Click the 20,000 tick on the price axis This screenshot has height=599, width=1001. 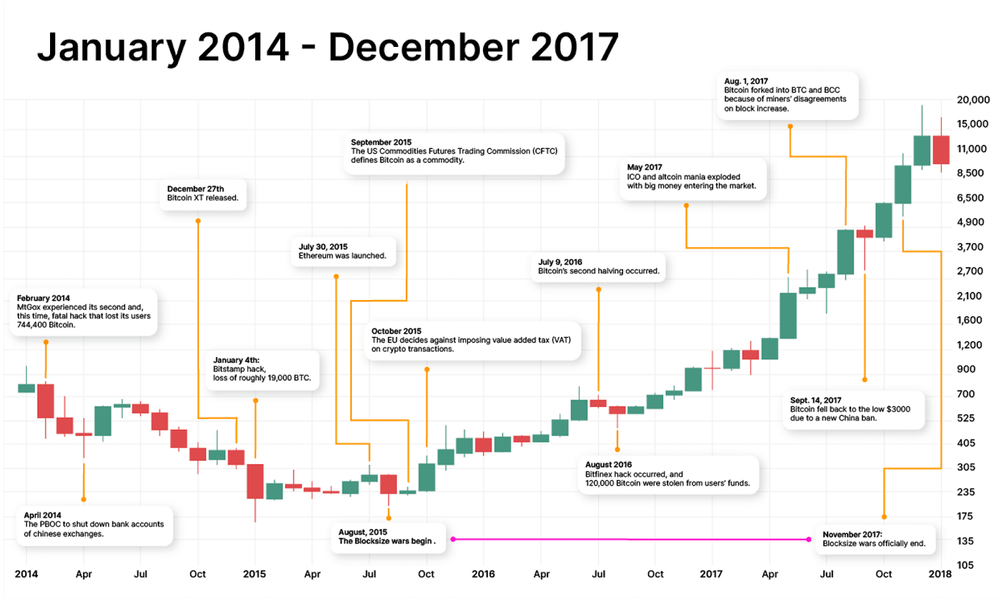click(x=973, y=99)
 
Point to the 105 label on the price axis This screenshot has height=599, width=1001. click(x=965, y=565)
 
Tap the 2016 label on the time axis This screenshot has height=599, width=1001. click(x=483, y=573)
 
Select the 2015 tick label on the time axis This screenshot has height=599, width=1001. click(x=254, y=573)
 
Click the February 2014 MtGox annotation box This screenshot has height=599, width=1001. click(x=84, y=311)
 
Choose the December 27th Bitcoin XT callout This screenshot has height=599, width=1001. click(x=203, y=193)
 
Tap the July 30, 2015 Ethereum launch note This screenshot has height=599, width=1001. click(x=342, y=251)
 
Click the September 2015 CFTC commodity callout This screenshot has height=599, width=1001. click(x=454, y=151)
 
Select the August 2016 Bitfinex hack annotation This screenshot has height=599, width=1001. click(x=667, y=474)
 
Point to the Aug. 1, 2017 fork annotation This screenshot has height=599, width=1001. click(x=786, y=95)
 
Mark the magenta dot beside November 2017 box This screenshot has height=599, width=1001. click(x=809, y=539)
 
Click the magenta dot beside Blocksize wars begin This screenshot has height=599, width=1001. click(x=453, y=539)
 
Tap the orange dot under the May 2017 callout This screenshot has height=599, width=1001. click(x=686, y=205)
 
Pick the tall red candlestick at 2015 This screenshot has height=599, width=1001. click(x=255, y=481)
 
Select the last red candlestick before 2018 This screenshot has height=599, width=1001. click(x=941, y=150)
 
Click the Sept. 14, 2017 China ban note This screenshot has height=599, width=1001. click(x=853, y=409)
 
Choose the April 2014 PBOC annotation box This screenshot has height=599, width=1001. click(x=94, y=525)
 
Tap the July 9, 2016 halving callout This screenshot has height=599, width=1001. click(x=599, y=266)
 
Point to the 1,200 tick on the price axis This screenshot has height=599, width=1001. click(x=969, y=345)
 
